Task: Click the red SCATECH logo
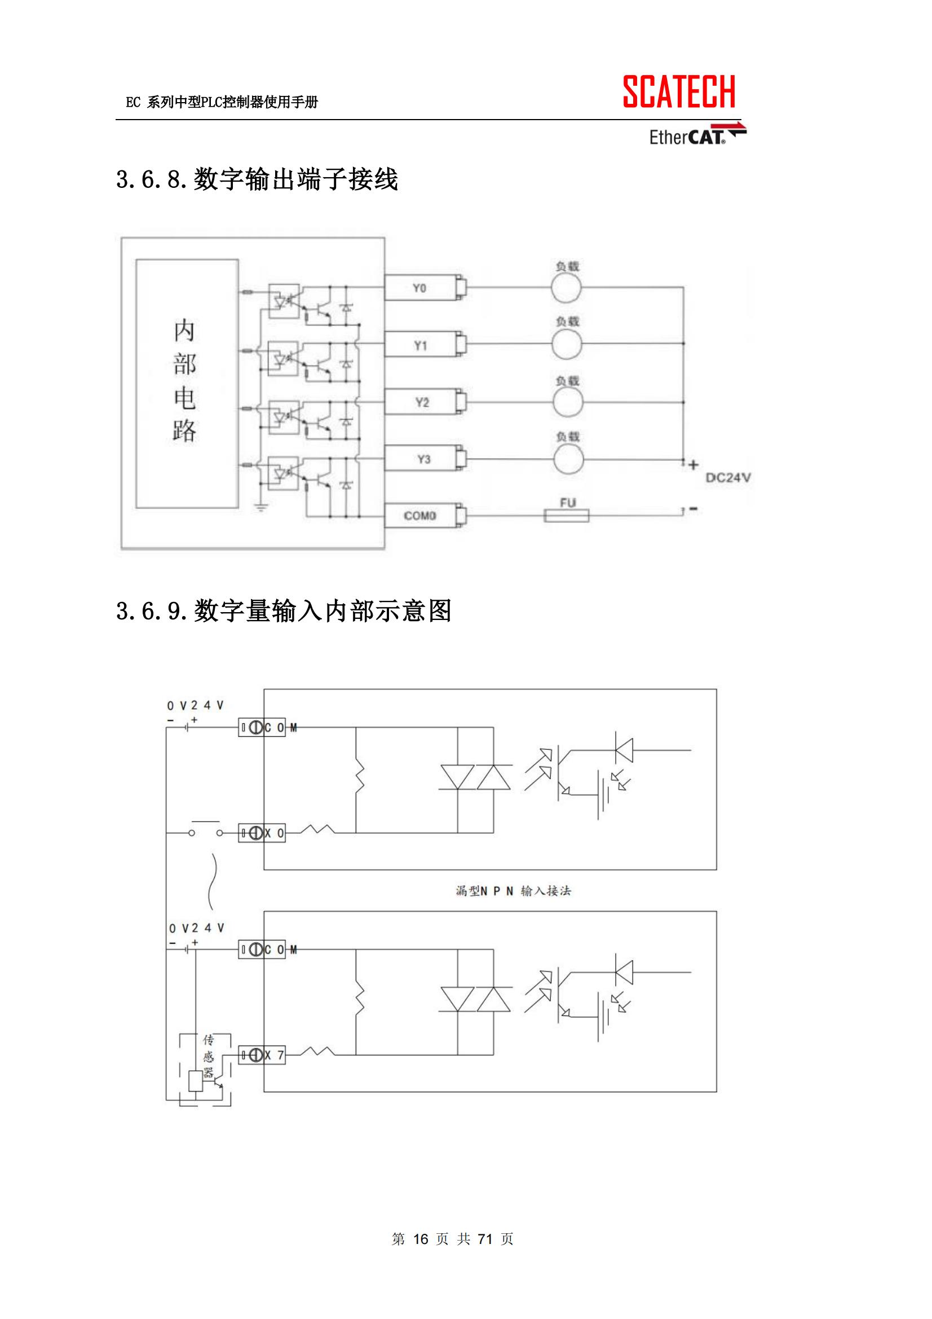(678, 92)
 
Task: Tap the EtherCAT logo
(696, 135)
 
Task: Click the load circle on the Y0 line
(566, 287)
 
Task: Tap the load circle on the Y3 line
(568, 459)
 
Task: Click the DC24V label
(727, 477)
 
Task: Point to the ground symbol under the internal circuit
(260, 507)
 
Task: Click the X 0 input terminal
(262, 833)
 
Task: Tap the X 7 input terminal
(262, 1055)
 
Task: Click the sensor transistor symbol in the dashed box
(218, 1080)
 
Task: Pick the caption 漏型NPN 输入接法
(513, 890)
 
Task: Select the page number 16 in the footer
(421, 1238)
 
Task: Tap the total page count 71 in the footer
(485, 1238)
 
